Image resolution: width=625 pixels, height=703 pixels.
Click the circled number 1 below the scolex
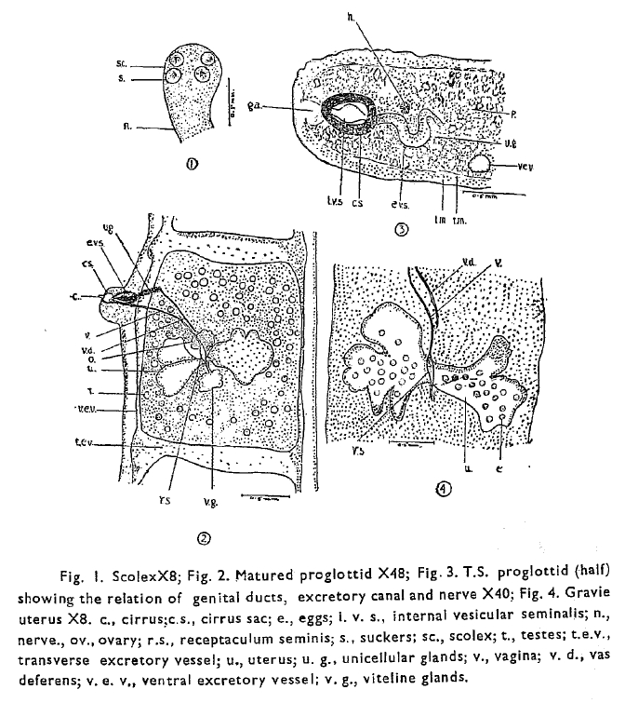tap(193, 168)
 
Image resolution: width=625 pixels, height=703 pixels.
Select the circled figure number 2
tap(203, 536)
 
